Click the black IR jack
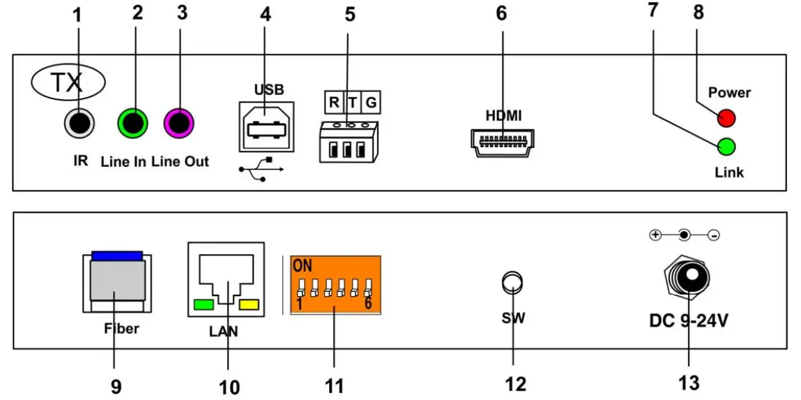point(78,124)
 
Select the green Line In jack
point(132,124)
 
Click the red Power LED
point(726,117)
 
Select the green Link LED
point(726,147)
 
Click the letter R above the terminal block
point(334,103)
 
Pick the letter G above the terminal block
point(372,103)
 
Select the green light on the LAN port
point(203,304)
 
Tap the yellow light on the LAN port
point(249,304)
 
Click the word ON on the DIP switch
point(303,266)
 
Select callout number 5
point(350,14)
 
